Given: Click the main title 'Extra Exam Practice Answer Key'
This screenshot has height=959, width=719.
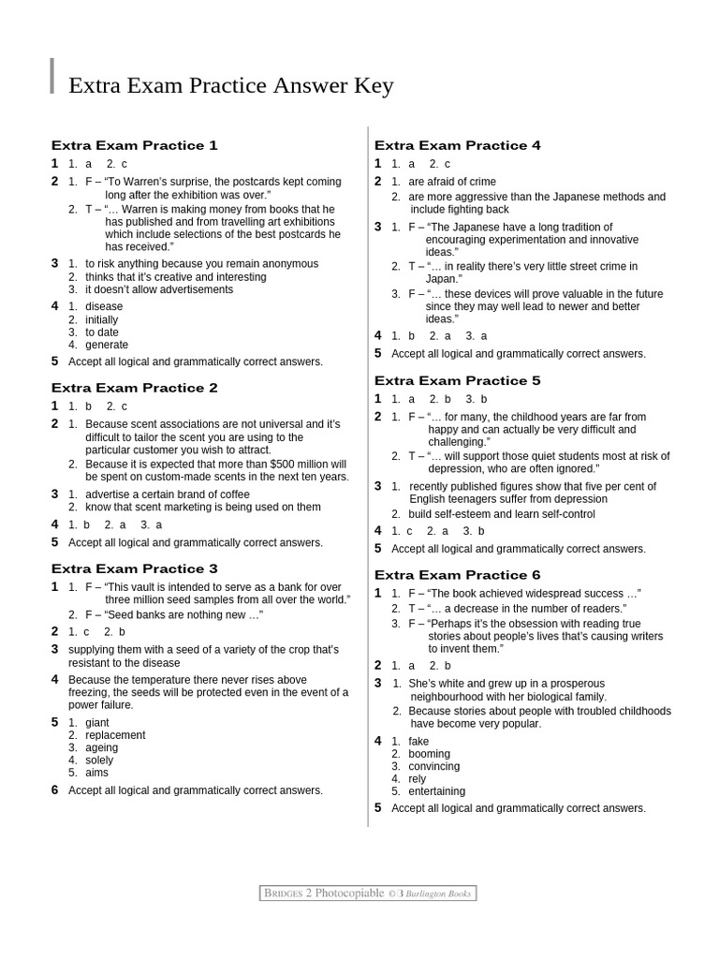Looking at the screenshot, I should pos(231,86).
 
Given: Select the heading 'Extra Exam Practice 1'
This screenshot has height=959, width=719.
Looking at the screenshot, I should pos(134,145).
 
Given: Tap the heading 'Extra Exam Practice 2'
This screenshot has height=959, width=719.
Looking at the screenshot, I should pos(134,388).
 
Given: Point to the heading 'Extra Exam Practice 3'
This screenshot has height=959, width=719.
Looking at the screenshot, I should pos(134,568).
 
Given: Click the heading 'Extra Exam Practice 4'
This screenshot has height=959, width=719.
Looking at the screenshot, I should pos(457,145).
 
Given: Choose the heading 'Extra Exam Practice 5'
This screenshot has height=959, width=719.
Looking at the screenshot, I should pos(457,381).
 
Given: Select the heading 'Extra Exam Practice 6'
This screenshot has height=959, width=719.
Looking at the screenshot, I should pos(457,575).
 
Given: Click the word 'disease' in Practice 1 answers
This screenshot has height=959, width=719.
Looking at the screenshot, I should pos(104,306).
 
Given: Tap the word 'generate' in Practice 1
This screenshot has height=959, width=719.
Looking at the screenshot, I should pos(107,345).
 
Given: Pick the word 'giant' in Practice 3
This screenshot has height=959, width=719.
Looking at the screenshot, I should pos(97,723).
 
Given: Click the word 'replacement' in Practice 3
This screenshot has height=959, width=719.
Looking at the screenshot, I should pos(115,735).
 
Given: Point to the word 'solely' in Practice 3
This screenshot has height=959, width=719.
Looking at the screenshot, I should pos(99,760).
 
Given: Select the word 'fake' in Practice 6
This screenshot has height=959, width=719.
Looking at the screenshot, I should pos(418,742).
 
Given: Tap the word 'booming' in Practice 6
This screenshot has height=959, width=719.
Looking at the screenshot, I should pos(429,754).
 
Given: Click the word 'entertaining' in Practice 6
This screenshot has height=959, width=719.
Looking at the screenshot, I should pos(436,791).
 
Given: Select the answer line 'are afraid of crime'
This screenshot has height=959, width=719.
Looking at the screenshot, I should pos(452,182).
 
